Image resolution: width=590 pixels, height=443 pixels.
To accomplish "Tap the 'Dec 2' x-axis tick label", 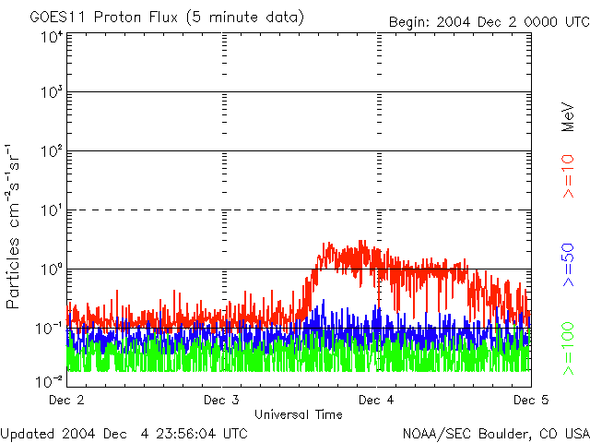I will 65,400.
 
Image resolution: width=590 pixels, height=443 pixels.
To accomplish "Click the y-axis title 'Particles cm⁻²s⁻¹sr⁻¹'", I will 15,226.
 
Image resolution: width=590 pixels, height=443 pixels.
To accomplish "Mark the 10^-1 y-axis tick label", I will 50,328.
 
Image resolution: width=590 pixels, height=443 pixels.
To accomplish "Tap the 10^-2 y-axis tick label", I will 50,380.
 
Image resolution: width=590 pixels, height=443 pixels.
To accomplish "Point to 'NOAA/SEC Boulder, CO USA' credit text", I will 495,433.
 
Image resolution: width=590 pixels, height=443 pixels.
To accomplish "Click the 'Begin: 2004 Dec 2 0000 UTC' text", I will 487,20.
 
